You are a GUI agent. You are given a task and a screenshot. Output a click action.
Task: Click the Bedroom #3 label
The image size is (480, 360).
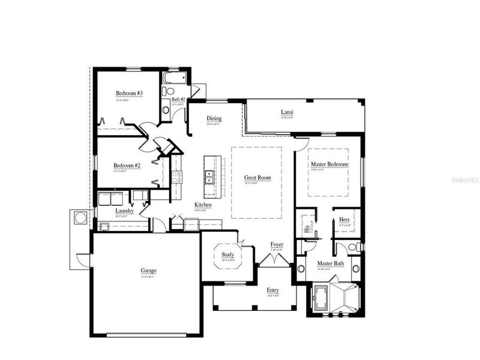(129, 94)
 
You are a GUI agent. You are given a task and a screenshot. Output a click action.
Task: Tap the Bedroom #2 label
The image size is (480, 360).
(127, 166)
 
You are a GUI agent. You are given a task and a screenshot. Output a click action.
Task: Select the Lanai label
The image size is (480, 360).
(287, 112)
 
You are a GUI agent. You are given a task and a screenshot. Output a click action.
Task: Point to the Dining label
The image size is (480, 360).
(214, 119)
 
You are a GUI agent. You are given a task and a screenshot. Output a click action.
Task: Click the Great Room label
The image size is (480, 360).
(257, 178)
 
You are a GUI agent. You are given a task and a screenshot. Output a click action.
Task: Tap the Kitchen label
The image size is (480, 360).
(202, 205)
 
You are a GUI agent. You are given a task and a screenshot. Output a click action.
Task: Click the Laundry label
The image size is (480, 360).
(124, 211)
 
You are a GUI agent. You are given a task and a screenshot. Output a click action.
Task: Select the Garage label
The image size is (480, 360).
(149, 271)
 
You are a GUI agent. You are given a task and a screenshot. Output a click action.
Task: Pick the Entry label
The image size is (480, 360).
(273, 290)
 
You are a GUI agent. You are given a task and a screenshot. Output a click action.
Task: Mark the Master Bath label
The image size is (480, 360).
(330, 263)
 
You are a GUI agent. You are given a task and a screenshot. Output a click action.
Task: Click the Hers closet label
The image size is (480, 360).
(344, 220)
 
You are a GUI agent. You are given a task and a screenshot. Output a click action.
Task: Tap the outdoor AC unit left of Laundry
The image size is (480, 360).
(80, 218)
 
